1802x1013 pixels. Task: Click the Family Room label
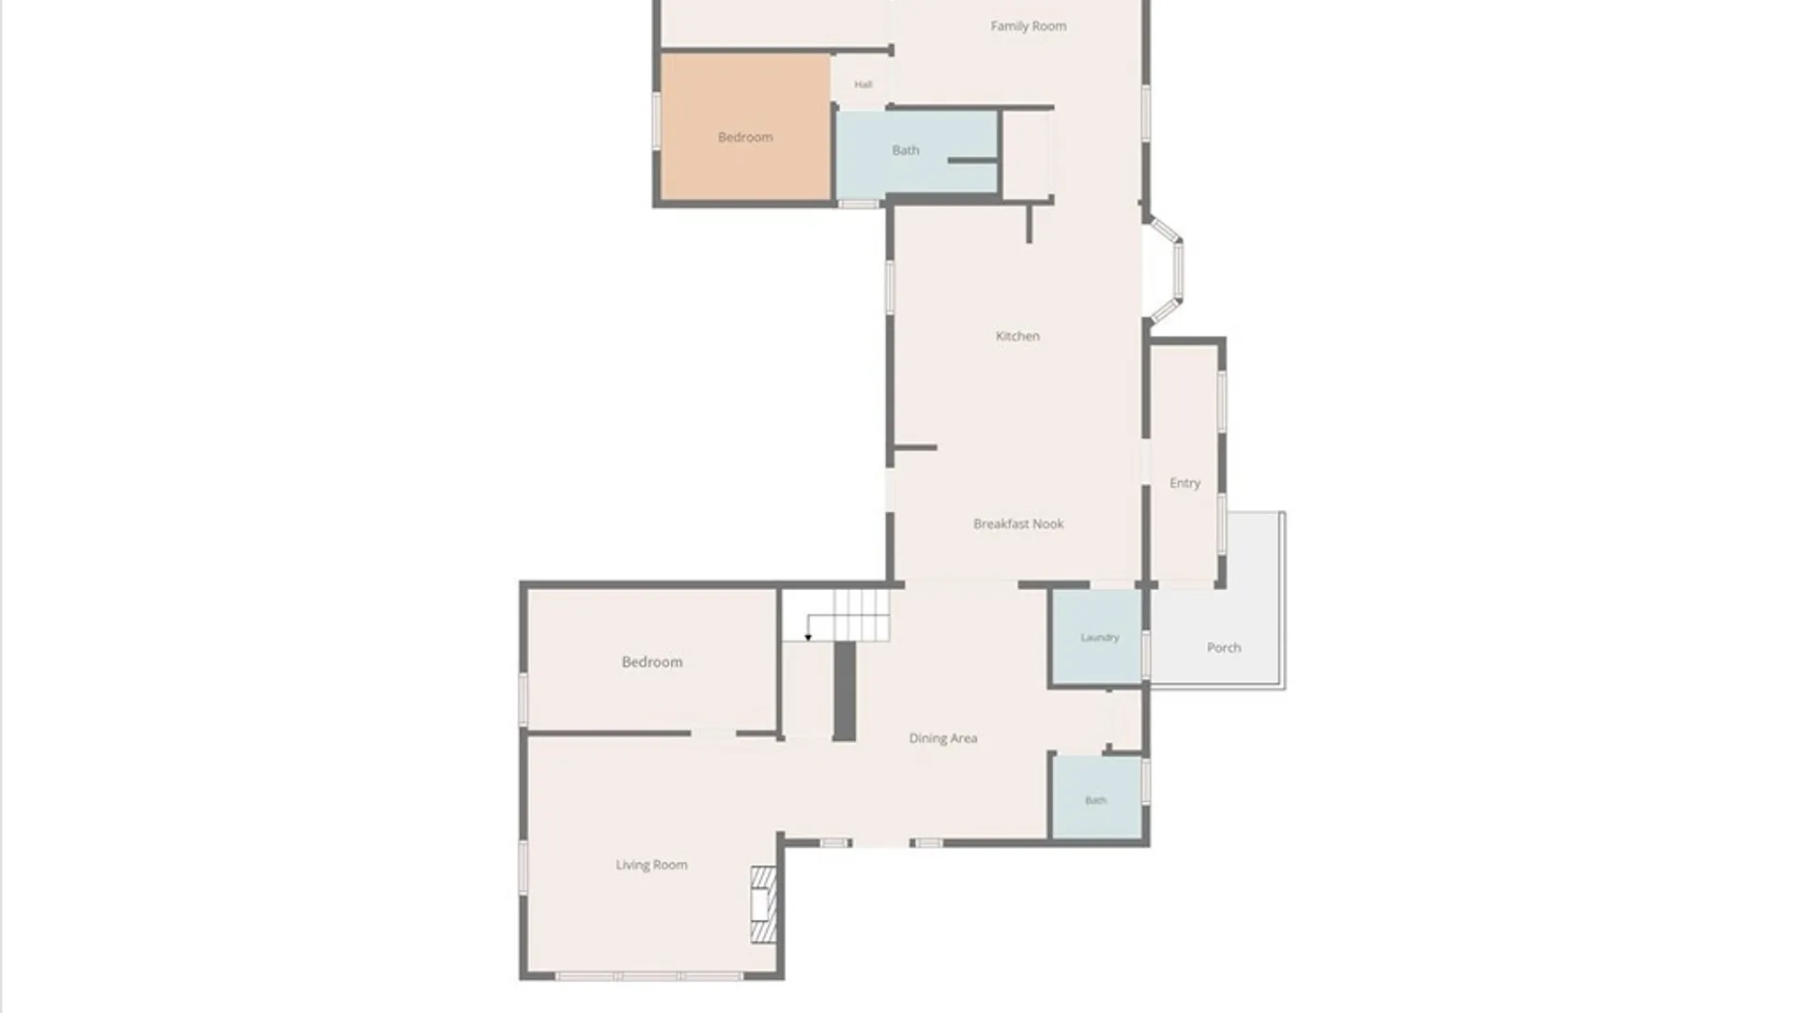pos(1029,26)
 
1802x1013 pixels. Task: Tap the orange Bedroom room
pos(746,127)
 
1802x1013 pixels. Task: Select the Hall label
pos(863,84)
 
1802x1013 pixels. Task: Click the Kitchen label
pos(1017,336)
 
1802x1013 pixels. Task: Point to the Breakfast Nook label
pos(1018,523)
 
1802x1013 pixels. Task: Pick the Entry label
pos(1184,483)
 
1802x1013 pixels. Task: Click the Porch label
pos(1224,647)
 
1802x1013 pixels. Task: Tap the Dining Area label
pos(943,738)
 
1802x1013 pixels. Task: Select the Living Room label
pos(651,865)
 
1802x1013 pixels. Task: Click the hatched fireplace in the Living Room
pos(764,904)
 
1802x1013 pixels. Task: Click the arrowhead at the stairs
pos(808,638)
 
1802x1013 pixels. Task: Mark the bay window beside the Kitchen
pos(1168,270)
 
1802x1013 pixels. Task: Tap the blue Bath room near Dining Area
pos(1096,797)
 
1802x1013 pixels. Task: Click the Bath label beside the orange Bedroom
pos(906,150)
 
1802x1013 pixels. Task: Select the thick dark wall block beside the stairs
pos(845,691)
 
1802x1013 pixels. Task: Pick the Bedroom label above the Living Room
pos(652,662)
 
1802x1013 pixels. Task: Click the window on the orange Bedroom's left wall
pos(657,120)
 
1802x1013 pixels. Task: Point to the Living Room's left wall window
pos(524,866)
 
